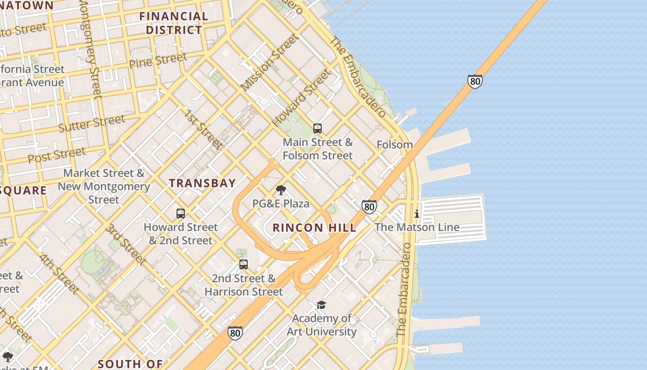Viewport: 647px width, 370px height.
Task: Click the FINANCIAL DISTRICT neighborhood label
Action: [x=174, y=23]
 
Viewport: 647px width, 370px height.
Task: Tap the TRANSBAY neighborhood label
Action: [x=202, y=183]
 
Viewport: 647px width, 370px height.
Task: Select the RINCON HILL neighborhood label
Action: [x=314, y=228]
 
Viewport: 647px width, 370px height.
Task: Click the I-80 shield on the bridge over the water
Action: [x=475, y=81]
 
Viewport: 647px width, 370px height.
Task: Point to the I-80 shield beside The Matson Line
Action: [x=369, y=207]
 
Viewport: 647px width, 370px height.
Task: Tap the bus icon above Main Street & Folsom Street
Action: [x=317, y=129]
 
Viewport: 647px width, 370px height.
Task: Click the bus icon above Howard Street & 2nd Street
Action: [x=181, y=214]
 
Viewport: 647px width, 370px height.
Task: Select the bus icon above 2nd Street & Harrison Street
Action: [x=244, y=265]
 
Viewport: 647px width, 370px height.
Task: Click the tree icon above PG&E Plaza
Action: [x=281, y=190]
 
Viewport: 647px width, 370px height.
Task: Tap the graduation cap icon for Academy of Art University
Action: [x=321, y=305]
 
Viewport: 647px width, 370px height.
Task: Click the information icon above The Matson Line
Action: [x=417, y=214]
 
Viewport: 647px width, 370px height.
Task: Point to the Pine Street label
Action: [x=158, y=61]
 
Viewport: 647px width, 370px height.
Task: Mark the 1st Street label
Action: [x=203, y=129]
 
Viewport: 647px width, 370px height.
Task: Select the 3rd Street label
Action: [x=125, y=244]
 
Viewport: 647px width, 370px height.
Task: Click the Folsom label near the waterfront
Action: [x=395, y=145]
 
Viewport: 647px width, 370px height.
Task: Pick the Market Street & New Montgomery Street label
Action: [x=104, y=186]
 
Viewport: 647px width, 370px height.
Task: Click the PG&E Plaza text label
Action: [x=281, y=203]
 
